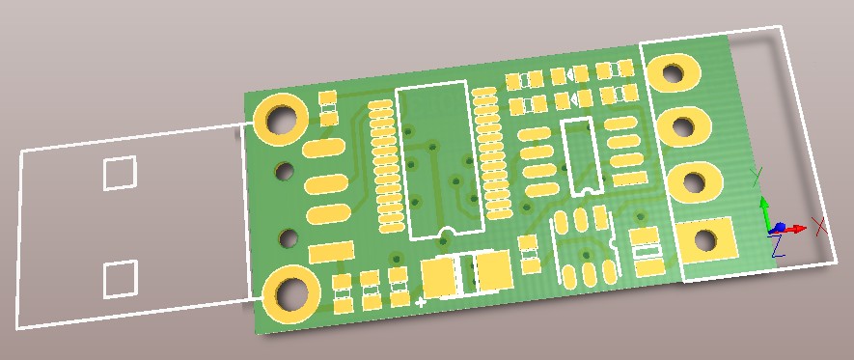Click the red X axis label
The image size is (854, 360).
[x=819, y=226]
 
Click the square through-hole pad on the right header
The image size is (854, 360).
[x=706, y=239]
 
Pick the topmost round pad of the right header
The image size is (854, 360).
[x=674, y=71]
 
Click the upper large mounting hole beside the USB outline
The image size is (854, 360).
[x=281, y=120]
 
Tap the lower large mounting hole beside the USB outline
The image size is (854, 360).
[x=290, y=294]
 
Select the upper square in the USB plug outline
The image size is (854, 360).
[x=120, y=173]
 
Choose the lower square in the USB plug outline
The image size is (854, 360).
[x=120, y=279]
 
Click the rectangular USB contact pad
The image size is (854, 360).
[x=331, y=253]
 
